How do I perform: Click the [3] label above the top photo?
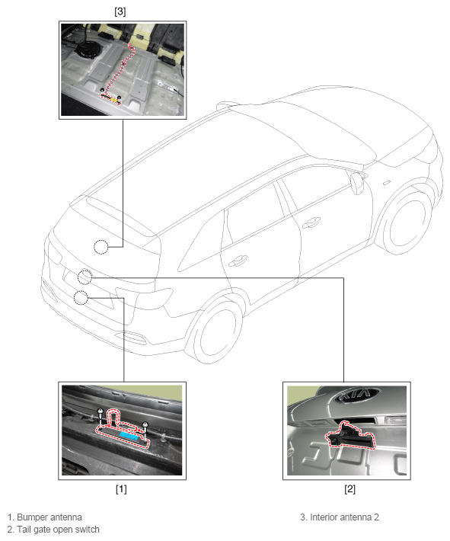tap(120, 11)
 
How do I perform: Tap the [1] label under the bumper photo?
tap(121, 489)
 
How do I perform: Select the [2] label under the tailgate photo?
tap(349, 489)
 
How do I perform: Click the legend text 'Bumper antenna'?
tap(49, 517)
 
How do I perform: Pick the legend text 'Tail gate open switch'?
tap(59, 530)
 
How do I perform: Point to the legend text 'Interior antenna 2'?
tap(344, 517)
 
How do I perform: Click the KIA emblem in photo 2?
tap(357, 395)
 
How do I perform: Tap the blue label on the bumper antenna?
tap(129, 435)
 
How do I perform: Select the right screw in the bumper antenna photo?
tap(145, 427)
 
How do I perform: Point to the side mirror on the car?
tap(357, 182)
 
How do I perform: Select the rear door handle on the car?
tap(238, 261)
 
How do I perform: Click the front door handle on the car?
tap(311, 222)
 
